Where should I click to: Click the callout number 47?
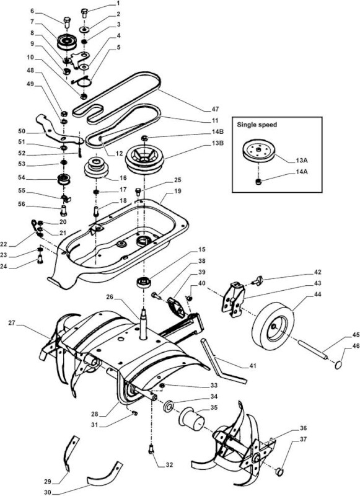pyautogui.click(x=215, y=109)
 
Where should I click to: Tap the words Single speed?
pyautogui.click(x=257, y=125)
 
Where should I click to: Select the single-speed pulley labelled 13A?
pyautogui.click(x=258, y=151)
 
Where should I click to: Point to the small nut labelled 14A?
pyautogui.click(x=258, y=182)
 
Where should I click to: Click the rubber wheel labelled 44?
pyautogui.click(x=273, y=322)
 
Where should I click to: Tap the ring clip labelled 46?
pyautogui.click(x=338, y=365)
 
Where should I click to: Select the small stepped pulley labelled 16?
pyautogui.click(x=96, y=167)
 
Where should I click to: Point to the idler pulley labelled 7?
pyautogui.click(x=67, y=41)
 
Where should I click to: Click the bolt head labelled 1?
pyautogui.click(x=84, y=13)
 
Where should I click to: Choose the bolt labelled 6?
pyautogui.click(x=68, y=22)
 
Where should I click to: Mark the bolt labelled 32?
pyautogui.click(x=151, y=449)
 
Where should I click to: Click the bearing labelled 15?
pyautogui.click(x=143, y=282)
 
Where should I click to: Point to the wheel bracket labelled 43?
pyautogui.click(x=233, y=299)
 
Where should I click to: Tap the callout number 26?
pyautogui.click(x=110, y=297)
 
